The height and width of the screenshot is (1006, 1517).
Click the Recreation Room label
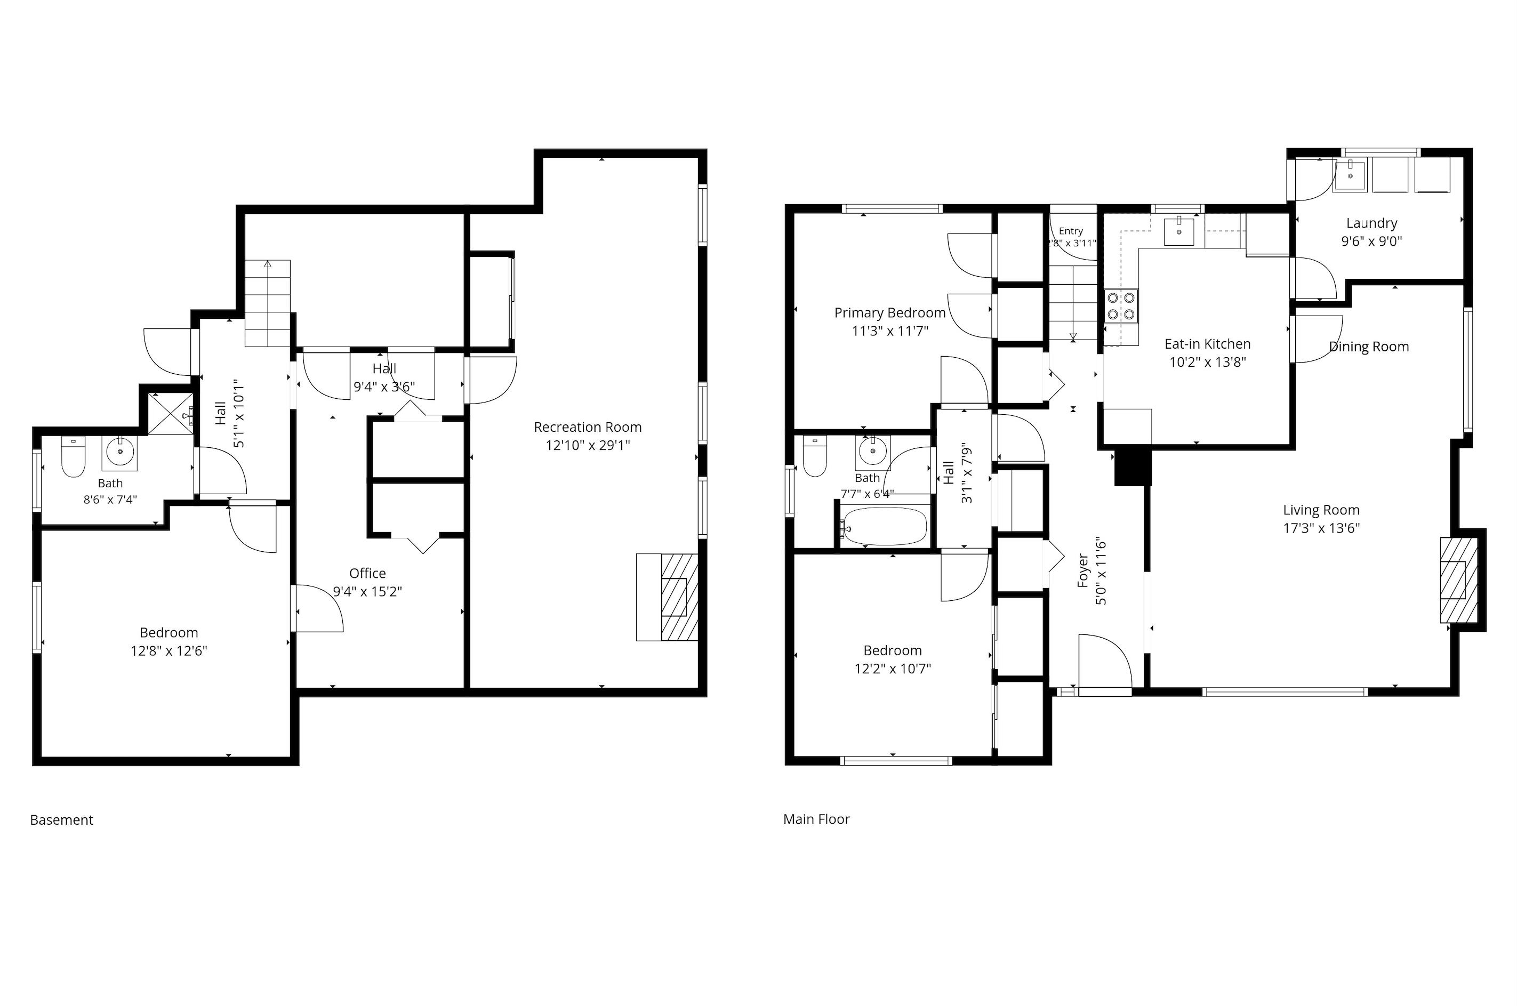click(587, 426)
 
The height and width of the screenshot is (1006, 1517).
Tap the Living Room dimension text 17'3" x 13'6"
click(1321, 528)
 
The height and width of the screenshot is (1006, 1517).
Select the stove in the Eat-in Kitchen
click(1120, 306)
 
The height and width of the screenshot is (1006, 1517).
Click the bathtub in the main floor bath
click(886, 526)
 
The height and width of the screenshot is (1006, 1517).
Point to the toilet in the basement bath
click(73, 457)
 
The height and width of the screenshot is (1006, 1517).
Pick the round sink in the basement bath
click(119, 452)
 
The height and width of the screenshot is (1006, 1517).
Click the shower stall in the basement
click(171, 415)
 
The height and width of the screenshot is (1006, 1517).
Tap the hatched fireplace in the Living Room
click(1458, 580)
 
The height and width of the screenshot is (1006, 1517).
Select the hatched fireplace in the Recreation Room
click(679, 597)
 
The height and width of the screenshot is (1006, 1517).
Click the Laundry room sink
click(1350, 176)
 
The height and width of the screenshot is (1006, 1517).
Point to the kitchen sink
click(1179, 231)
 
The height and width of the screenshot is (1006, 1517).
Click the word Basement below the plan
click(62, 820)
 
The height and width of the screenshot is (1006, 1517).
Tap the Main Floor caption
click(816, 819)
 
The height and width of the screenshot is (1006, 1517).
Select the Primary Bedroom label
click(889, 312)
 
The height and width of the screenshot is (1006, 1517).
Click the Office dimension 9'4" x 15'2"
click(367, 592)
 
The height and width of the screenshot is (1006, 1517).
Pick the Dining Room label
click(1369, 347)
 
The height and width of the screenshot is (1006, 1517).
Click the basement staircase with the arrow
click(268, 303)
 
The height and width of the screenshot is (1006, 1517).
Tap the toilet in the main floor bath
click(815, 456)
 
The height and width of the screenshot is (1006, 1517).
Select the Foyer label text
click(1083, 570)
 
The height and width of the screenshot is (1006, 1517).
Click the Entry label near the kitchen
click(1071, 231)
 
